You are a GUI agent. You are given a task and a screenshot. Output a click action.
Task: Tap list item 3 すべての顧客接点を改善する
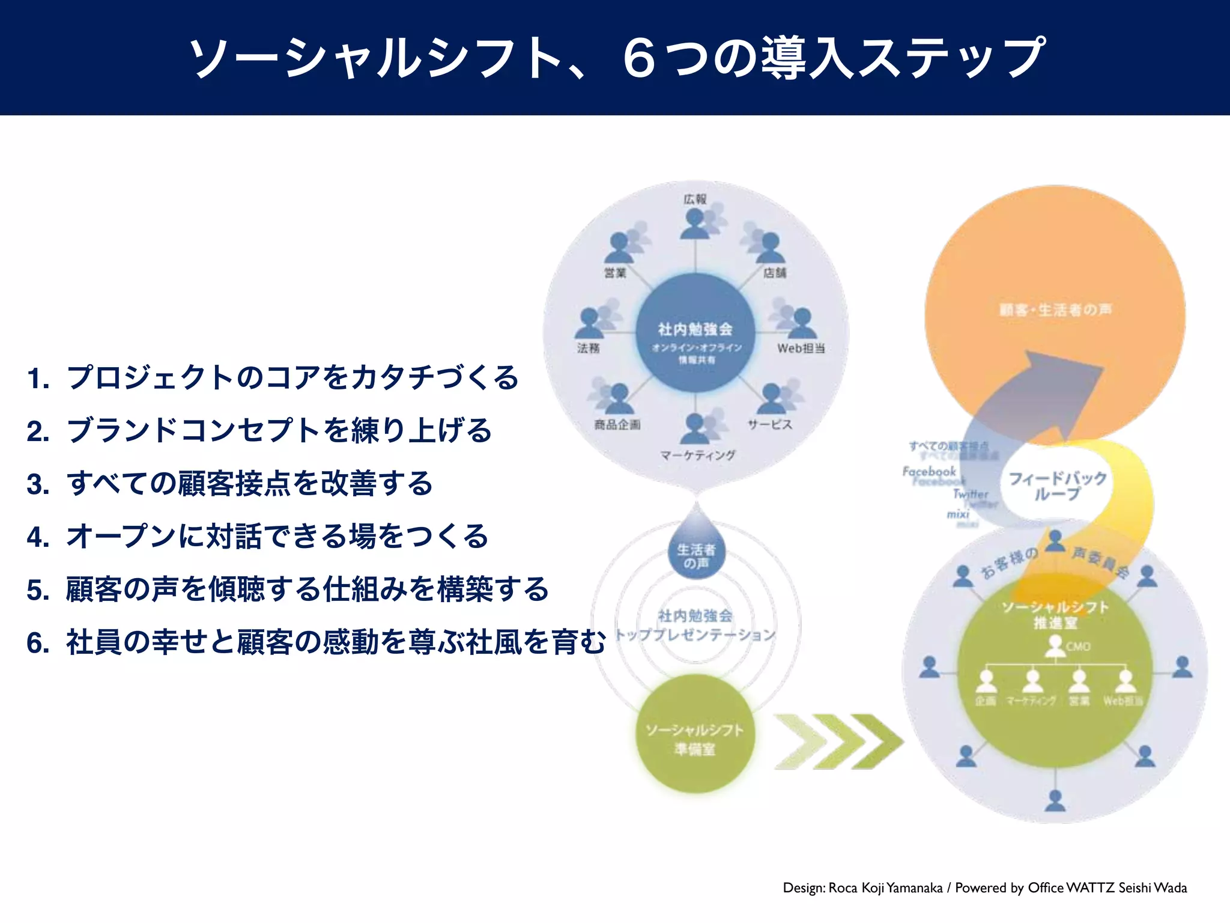click(x=230, y=484)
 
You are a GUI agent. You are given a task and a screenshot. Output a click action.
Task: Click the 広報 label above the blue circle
click(x=695, y=199)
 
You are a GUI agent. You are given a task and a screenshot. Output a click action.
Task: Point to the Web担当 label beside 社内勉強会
click(x=801, y=349)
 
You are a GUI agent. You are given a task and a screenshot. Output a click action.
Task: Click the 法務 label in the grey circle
click(x=588, y=349)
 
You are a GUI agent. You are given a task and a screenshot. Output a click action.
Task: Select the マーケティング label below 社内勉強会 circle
click(x=697, y=455)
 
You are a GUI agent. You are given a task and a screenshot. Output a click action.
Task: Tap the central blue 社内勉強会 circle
click(x=695, y=334)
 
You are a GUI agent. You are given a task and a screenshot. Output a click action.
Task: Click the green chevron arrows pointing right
click(x=838, y=741)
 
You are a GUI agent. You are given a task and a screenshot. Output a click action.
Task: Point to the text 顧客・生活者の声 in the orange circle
click(x=1055, y=310)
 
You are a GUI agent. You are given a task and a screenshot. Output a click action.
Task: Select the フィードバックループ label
click(x=1057, y=486)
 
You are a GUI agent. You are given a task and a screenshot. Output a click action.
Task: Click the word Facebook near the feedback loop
click(x=929, y=472)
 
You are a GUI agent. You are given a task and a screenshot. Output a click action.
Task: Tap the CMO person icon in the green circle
click(x=1055, y=646)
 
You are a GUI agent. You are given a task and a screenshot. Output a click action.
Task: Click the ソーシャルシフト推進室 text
click(x=1055, y=614)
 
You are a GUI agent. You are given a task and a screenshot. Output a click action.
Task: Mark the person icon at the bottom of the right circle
click(x=1055, y=800)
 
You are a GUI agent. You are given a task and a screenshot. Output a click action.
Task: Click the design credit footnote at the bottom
click(x=984, y=888)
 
